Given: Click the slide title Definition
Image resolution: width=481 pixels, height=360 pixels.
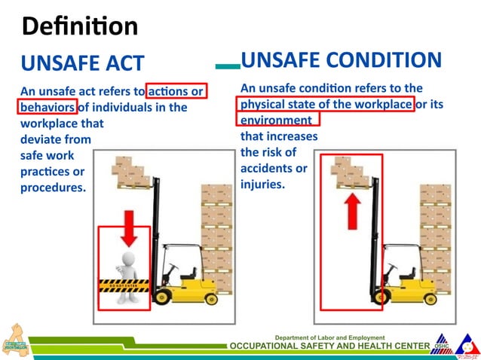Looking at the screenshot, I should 80,26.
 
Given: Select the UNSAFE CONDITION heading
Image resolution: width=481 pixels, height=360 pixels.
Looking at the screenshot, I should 340,60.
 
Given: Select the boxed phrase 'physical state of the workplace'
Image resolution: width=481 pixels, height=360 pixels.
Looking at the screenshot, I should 326,104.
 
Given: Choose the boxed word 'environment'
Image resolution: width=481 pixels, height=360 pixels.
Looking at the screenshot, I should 276,119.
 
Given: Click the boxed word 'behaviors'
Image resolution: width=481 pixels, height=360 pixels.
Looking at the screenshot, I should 48,107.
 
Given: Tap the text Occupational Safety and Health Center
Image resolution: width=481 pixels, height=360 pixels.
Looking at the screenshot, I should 329,346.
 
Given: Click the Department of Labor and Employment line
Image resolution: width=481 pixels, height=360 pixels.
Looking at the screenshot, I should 329,337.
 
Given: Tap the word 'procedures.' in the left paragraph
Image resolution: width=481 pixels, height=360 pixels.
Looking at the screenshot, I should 53,187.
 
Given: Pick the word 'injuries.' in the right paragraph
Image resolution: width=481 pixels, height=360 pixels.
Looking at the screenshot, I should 262,184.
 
